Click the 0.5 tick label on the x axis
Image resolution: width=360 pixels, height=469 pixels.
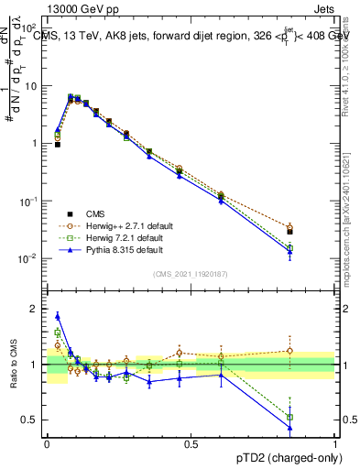(191, 443)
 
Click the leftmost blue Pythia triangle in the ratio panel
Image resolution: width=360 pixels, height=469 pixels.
(57, 316)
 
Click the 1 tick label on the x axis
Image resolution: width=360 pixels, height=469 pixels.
(335, 443)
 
